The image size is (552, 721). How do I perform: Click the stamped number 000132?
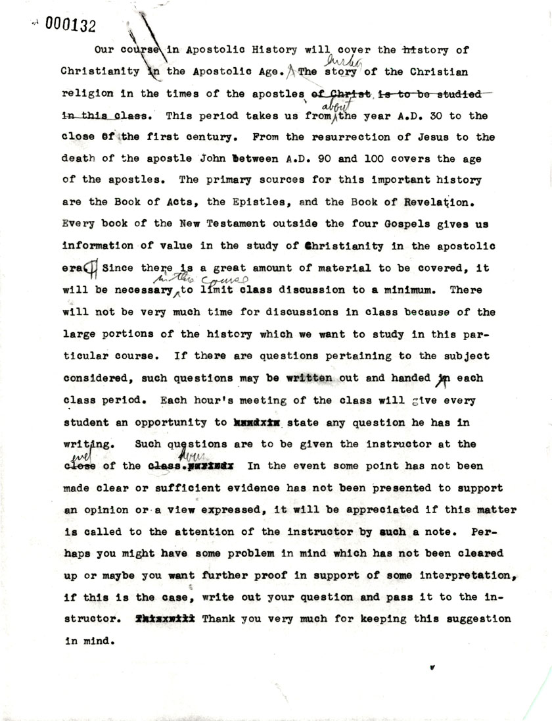pos(69,24)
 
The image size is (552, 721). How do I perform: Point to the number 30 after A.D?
pos(432,116)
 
